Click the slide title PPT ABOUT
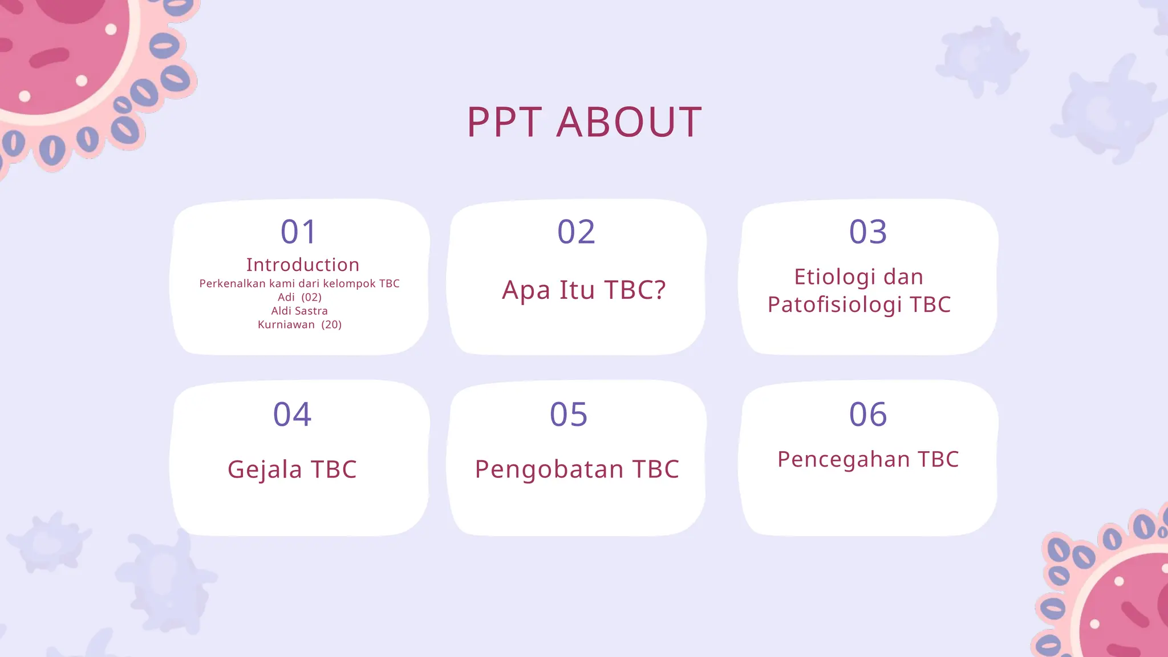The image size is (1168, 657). pos(584,122)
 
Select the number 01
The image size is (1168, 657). pos(298,232)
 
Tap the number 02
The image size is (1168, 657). pos(576,232)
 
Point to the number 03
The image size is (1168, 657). pos(868,232)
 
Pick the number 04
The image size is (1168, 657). pos(292,414)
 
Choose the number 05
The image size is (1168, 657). pos(569,414)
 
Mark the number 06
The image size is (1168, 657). pos(868,414)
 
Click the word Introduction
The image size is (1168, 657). pos(303,265)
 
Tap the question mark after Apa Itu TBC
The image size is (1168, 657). pos(660,290)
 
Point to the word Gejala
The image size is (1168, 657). pos(265,470)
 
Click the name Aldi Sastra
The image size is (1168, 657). pos(299,311)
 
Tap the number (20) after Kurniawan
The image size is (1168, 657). pos(331,325)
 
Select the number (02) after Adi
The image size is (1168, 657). pos(311,297)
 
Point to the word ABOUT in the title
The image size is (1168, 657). pos(628,122)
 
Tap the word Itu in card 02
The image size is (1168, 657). pos(577,290)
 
